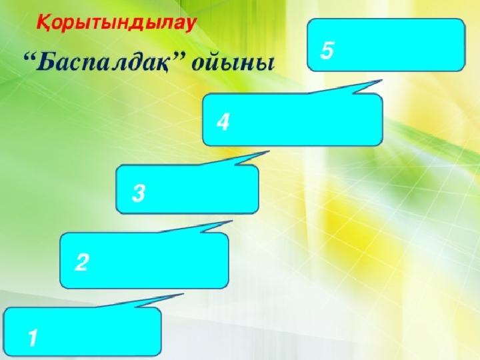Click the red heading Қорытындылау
(116, 23)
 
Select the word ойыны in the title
(233, 64)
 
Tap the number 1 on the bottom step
(33, 337)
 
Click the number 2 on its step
(82, 262)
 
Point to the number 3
(139, 193)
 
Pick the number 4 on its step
(223, 122)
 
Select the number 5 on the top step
(327, 50)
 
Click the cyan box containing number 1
(83, 332)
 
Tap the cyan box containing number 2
(144, 261)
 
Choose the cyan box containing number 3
(187, 189)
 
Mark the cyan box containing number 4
(293, 120)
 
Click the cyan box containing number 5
(386, 45)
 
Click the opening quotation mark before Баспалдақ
(29, 56)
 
